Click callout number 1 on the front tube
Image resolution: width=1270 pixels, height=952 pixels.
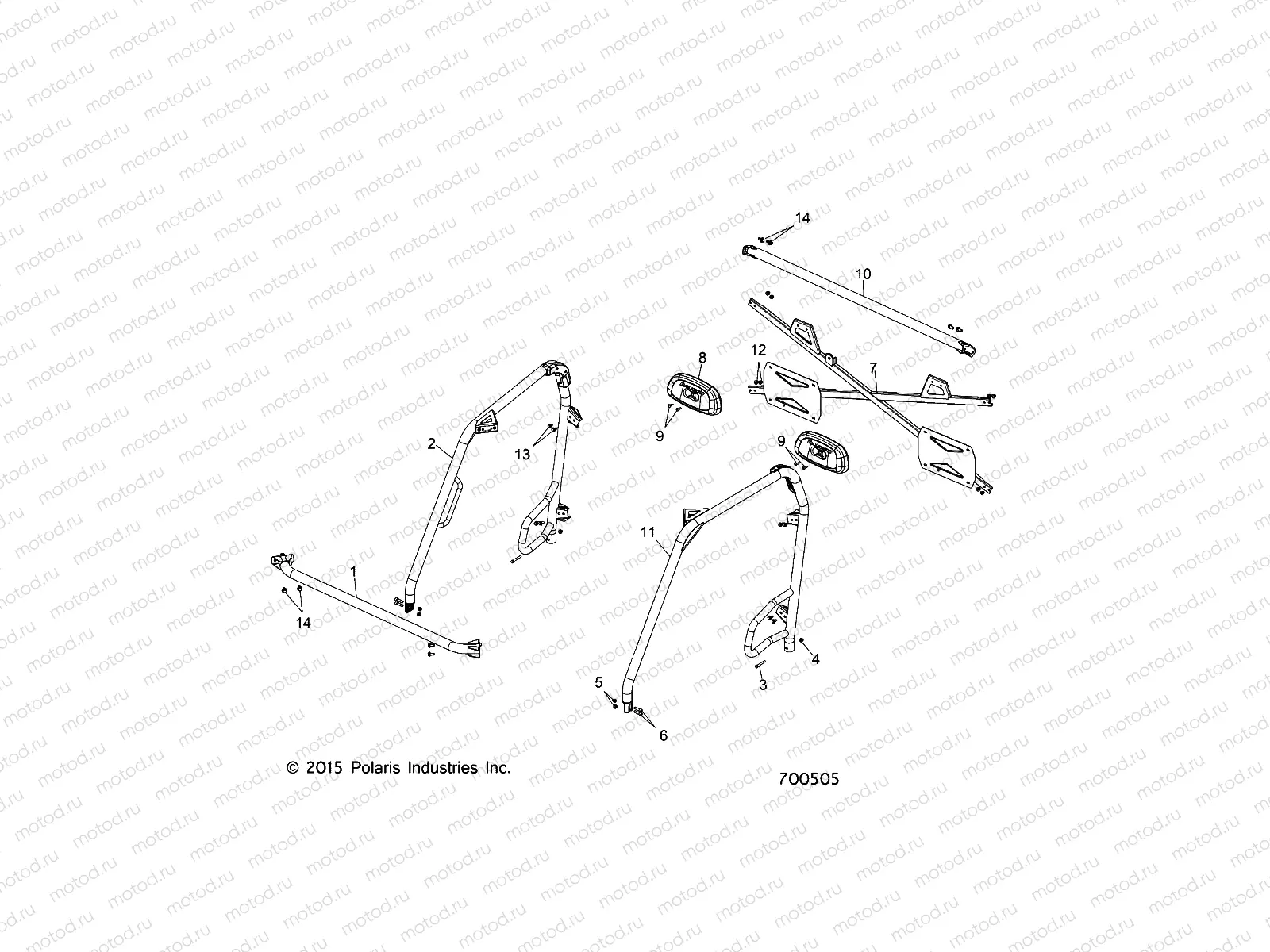pos(354,570)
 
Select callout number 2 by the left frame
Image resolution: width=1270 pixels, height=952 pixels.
pos(432,443)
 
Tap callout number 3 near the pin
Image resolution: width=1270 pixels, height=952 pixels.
pos(763,685)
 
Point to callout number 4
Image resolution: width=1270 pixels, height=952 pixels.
pos(815,658)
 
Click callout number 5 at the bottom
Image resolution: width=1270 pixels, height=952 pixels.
pos(599,681)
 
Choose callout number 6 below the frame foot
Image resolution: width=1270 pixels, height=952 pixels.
pos(664,735)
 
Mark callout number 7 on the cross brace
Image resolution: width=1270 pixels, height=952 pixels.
pos(873,367)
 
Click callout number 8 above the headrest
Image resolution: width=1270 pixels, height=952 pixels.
pos(702,358)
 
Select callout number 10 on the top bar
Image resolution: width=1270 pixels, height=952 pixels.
pos(864,274)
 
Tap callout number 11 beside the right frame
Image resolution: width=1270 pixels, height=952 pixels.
pos(648,532)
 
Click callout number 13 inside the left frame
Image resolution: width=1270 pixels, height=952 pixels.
pos(521,454)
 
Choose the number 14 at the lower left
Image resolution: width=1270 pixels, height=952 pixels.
pos(303,623)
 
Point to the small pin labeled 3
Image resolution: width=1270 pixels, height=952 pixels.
pos(759,666)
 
